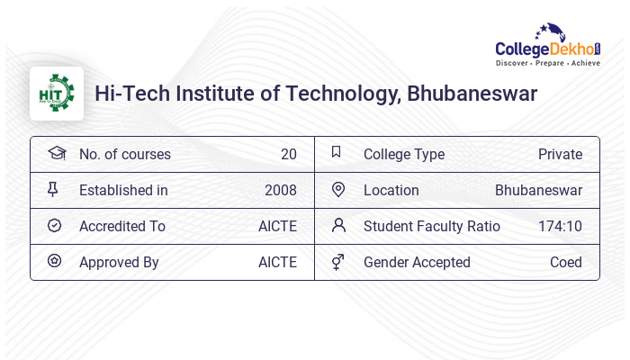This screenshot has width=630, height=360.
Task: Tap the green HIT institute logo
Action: pyautogui.click(x=57, y=94)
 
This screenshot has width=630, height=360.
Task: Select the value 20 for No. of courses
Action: pyautogui.click(x=288, y=154)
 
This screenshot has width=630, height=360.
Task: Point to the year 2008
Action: pyautogui.click(x=280, y=190)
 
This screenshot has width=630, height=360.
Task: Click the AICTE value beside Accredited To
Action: pyautogui.click(x=277, y=226)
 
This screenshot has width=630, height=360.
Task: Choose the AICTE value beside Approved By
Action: pyautogui.click(x=277, y=262)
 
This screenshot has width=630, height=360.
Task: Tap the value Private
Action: pyautogui.click(x=560, y=154)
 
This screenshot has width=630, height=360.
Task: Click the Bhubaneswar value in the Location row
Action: pyautogui.click(x=538, y=190)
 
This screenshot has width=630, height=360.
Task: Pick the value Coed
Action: pyautogui.click(x=566, y=262)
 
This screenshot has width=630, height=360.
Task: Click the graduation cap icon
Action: pyautogui.click(x=56, y=153)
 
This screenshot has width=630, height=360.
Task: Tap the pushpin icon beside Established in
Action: pyautogui.click(x=53, y=189)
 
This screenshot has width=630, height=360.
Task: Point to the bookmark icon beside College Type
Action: pyautogui.click(x=337, y=152)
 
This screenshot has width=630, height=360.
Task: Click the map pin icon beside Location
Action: pyautogui.click(x=338, y=189)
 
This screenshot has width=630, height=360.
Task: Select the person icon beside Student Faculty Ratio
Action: pyautogui.click(x=338, y=225)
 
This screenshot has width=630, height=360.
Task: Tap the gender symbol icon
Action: pyautogui.click(x=338, y=262)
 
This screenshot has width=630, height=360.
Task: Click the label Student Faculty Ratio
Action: pyautogui.click(x=431, y=226)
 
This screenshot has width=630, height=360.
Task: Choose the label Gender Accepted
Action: pyautogui.click(x=417, y=262)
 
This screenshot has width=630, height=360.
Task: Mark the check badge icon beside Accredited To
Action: pyautogui.click(x=54, y=225)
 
